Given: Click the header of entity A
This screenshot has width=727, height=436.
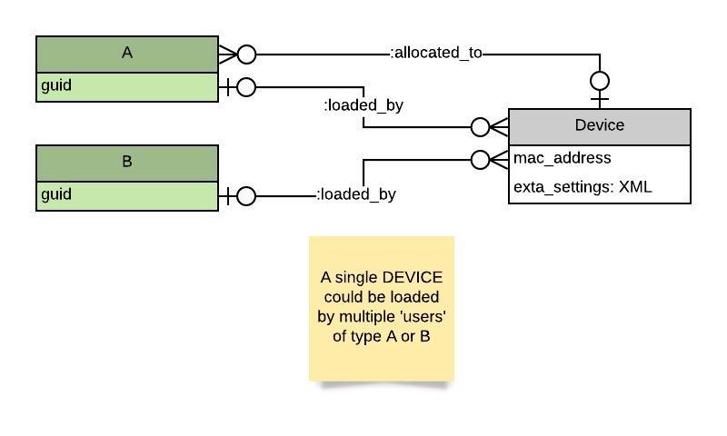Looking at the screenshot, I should [x=127, y=54].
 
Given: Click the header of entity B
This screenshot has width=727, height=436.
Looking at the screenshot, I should [x=127, y=162].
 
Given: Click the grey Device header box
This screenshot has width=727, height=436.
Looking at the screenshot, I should [x=599, y=125].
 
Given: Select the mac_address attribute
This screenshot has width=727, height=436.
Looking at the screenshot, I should [x=563, y=158].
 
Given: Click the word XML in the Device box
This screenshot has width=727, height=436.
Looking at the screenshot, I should [x=635, y=188].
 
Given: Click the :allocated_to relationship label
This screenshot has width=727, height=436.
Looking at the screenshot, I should [x=436, y=53].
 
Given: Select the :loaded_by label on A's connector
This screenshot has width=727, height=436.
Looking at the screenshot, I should [x=363, y=105].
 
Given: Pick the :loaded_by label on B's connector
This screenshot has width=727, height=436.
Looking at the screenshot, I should [x=356, y=194].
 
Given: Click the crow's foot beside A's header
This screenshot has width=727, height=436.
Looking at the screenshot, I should [x=227, y=54].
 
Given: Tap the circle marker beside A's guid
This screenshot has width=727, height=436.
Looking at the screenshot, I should [x=245, y=87].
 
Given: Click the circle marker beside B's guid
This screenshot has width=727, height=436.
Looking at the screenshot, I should [x=245, y=195].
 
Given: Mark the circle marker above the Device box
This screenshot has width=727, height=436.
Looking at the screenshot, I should [x=600, y=79].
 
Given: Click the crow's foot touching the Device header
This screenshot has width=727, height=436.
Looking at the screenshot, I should [x=498, y=126].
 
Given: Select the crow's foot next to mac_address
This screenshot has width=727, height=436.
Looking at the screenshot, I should [x=498, y=160].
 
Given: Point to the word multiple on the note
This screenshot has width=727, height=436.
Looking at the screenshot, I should [x=373, y=317].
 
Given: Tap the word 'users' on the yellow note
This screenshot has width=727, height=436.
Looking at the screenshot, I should [x=427, y=317].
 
